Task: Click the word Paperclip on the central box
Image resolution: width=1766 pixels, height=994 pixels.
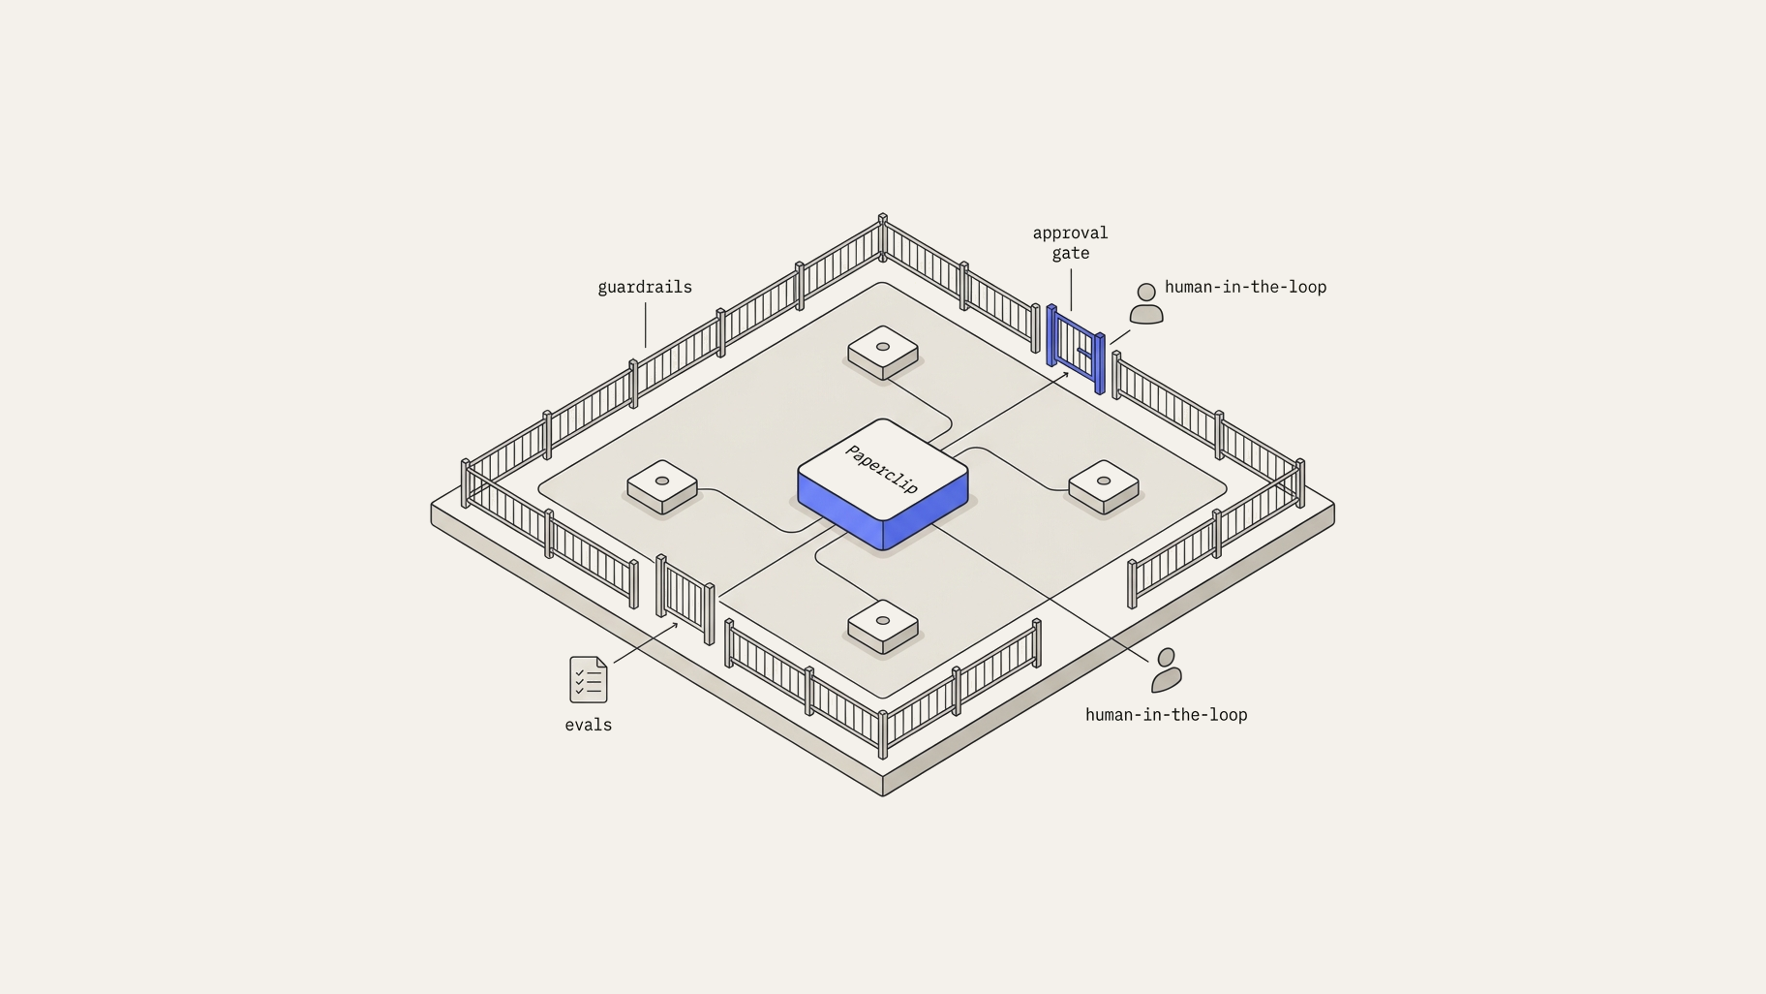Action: pyautogui.click(x=882, y=469)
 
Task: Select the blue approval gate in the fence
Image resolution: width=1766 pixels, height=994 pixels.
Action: pyautogui.click(x=1076, y=349)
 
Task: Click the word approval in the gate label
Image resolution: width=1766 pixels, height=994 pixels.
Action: pyautogui.click(x=1070, y=233)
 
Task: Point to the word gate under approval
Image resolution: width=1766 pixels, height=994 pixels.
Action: pyautogui.click(x=1071, y=254)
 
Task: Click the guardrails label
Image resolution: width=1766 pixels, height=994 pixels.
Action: pyautogui.click(x=645, y=288)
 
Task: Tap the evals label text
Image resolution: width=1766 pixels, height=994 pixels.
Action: pyautogui.click(x=589, y=725)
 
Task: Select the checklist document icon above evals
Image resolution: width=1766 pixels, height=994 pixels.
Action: pyautogui.click(x=589, y=679)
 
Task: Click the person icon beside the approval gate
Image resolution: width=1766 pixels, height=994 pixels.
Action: pyautogui.click(x=1146, y=303)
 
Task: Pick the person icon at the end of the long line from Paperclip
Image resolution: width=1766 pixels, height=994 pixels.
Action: pyautogui.click(x=1167, y=670)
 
